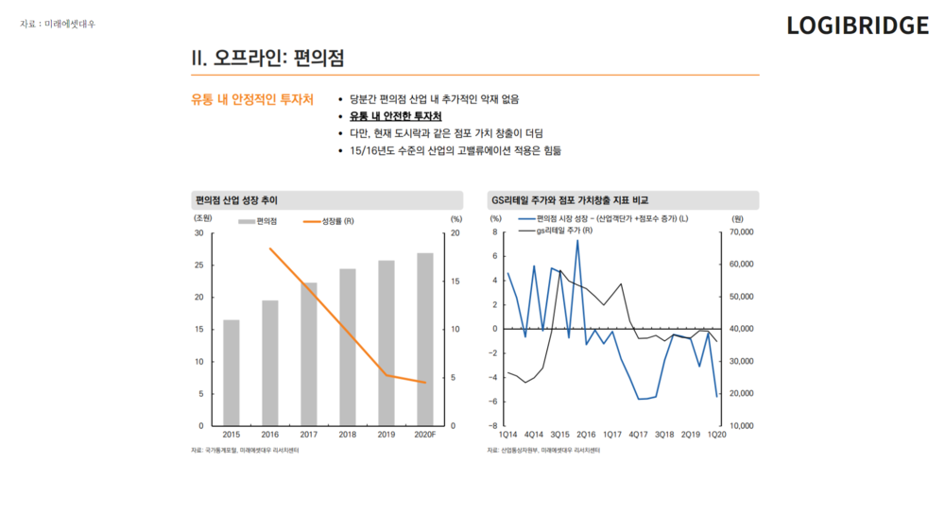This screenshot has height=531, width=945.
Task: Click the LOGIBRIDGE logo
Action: (857, 26)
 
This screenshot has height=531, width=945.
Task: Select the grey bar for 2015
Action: (232, 372)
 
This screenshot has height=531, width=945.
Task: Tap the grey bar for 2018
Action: (348, 347)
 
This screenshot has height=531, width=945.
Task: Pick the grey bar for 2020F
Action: (425, 339)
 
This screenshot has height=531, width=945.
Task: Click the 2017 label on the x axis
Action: (309, 434)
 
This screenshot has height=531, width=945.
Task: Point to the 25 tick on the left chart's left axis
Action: (198, 265)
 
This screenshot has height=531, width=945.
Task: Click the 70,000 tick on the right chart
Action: (742, 231)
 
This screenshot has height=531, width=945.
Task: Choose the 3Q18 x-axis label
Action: (664, 434)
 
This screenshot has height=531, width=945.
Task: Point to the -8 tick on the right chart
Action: (493, 426)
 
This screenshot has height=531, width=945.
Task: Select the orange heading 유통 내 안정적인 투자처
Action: (252, 99)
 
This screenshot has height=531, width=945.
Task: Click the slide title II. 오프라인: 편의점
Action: (267, 58)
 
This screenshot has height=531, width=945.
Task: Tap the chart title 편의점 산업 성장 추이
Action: (236, 200)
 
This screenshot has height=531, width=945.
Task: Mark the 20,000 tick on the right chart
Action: (742, 394)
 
